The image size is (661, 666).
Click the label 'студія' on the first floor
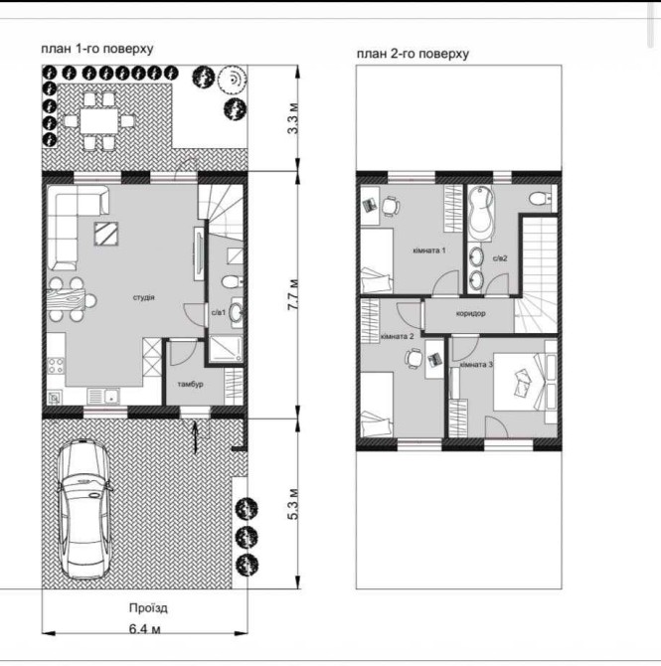[x=143, y=297]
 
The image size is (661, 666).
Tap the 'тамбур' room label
[x=190, y=384]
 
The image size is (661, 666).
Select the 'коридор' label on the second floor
[x=470, y=313]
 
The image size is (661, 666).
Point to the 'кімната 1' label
[x=429, y=250]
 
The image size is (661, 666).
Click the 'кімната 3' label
[x=476, y=365]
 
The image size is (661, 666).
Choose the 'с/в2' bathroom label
[x=500, y=257]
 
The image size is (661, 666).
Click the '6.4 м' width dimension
[x=144, y=628]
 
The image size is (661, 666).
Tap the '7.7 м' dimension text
[x=293, y=294]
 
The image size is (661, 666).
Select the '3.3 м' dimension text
[x=293, y=118]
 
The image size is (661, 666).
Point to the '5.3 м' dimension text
[x=293, y=505]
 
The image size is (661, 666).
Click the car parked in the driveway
[x=84, y=509]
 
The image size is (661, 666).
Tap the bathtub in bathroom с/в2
[x=481, y=214]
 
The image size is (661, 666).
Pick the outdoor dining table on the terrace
[x=99, y=121]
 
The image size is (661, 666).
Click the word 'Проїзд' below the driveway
[x=148, y=608]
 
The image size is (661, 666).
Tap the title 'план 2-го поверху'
[x=413, y=54]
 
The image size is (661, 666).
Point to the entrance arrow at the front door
[x=195, y=436]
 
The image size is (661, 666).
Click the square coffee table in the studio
[x=105, y=234]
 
